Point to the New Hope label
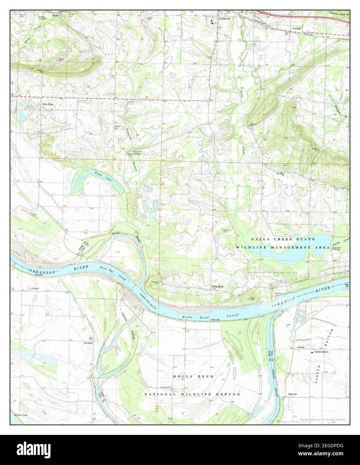point(48,104)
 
